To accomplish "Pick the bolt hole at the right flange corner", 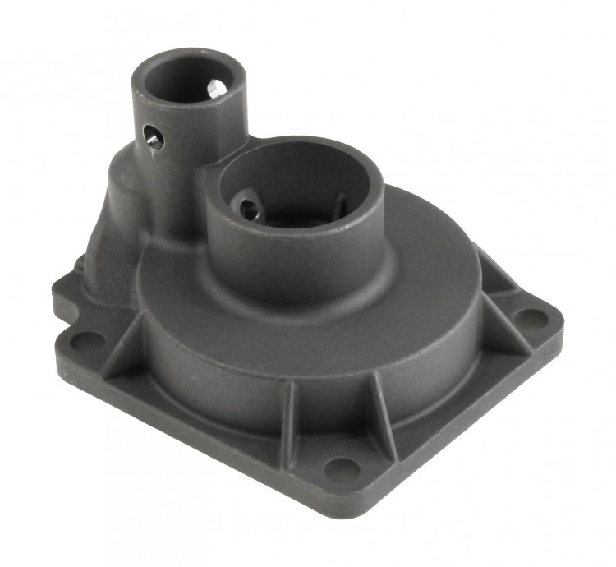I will pyautogui.click(x=524, y=317).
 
